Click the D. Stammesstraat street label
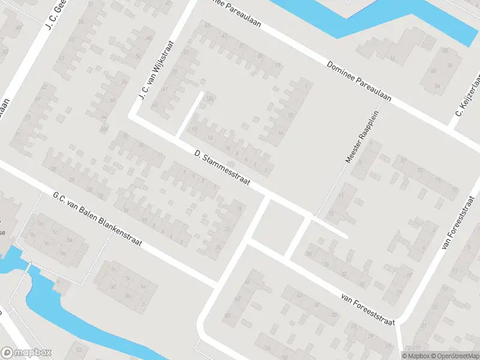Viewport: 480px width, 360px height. [221, 167]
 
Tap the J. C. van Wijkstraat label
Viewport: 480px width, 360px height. [155, 71]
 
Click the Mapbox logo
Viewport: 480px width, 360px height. [26, 353]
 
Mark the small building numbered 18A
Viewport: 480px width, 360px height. [209, 99]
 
